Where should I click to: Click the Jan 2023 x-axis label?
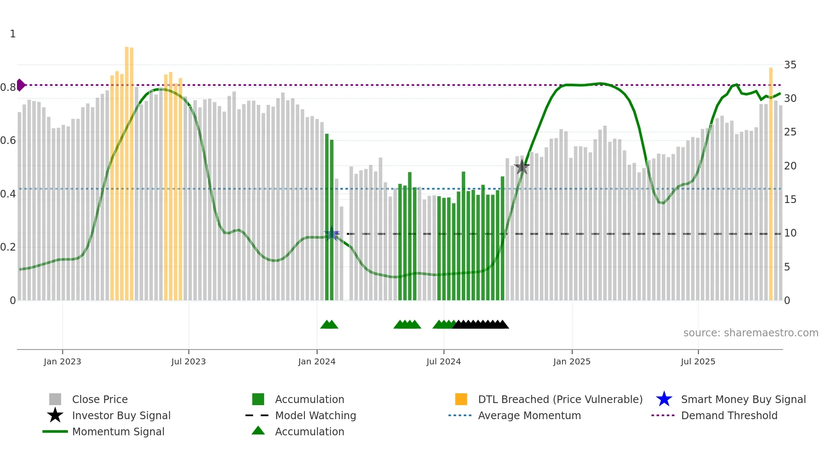[x=62, y=361]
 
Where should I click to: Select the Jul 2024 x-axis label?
[x=444, y=361]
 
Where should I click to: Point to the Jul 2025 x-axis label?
[x=698, y=361]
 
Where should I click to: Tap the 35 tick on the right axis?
[x=790, y=65]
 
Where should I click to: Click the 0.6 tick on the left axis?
[x=8, y=141]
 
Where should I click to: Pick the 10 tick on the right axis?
[x=790, y=233]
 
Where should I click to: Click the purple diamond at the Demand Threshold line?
[x=20, y=85]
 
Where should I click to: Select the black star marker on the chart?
[x=522, y=167]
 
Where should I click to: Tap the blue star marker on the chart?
[x=332, y=234]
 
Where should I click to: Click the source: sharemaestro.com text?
[x=750, y=333]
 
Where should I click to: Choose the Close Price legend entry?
[x=100, y=399]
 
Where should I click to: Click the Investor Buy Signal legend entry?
[x=121, y=415]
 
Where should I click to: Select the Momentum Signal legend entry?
[x=118, y=431]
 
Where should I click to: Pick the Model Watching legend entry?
[x=315, y=415]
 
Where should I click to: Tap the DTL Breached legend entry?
[x=560, y=399]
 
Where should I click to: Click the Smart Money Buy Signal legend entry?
[x=743, y=399]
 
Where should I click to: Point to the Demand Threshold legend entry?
[x=729, y=415]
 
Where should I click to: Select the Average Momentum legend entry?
[x=529, y=415]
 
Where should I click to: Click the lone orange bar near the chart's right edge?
[x=771, y=183]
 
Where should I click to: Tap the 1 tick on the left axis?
[x=13, y=34]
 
